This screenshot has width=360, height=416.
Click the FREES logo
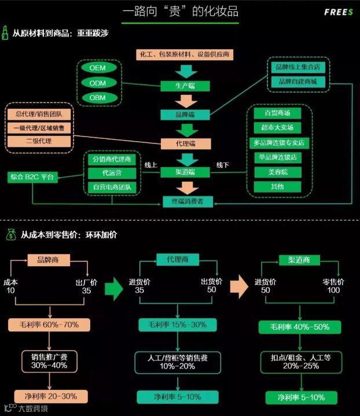click(x=339, y=12)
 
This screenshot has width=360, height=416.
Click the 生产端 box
click(x=185, y=86)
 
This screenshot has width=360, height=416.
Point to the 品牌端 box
click(x=185, y=115)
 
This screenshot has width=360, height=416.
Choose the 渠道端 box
click(x=185, y=172)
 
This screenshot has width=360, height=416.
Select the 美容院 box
click(x=277, y=172)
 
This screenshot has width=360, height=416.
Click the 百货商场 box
click(x=277, y=113)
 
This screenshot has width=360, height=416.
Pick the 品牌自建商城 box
click(x=298, y=82)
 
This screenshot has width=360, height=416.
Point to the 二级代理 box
click(x=39, y=141)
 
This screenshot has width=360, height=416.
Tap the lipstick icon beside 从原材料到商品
click(x=5, y=32)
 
